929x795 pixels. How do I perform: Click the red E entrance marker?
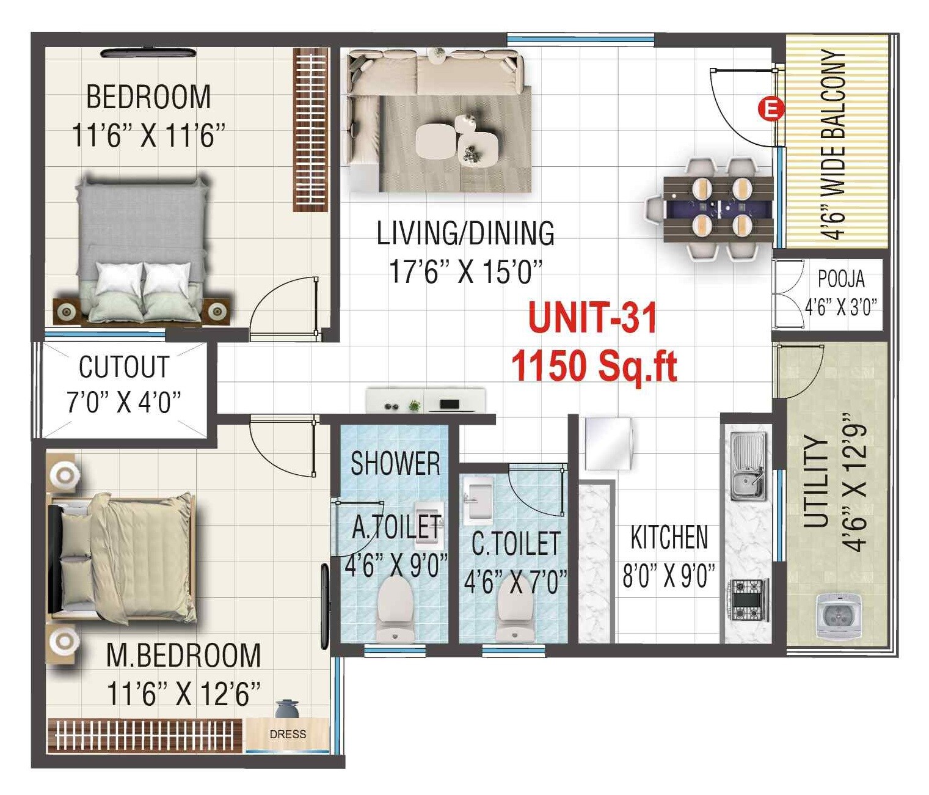click(771, 109)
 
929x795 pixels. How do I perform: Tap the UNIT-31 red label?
click(592, 318)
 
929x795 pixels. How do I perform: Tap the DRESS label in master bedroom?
click(288, 734)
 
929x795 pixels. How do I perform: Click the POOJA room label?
click(841, 279)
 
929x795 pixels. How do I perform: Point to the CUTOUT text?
click(124, 367)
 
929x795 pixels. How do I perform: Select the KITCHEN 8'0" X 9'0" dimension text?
click(669, 576)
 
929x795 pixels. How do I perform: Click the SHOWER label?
click(395, 463)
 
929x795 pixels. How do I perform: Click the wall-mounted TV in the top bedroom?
click(148, 53)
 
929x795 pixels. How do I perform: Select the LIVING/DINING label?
click(465, 233)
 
